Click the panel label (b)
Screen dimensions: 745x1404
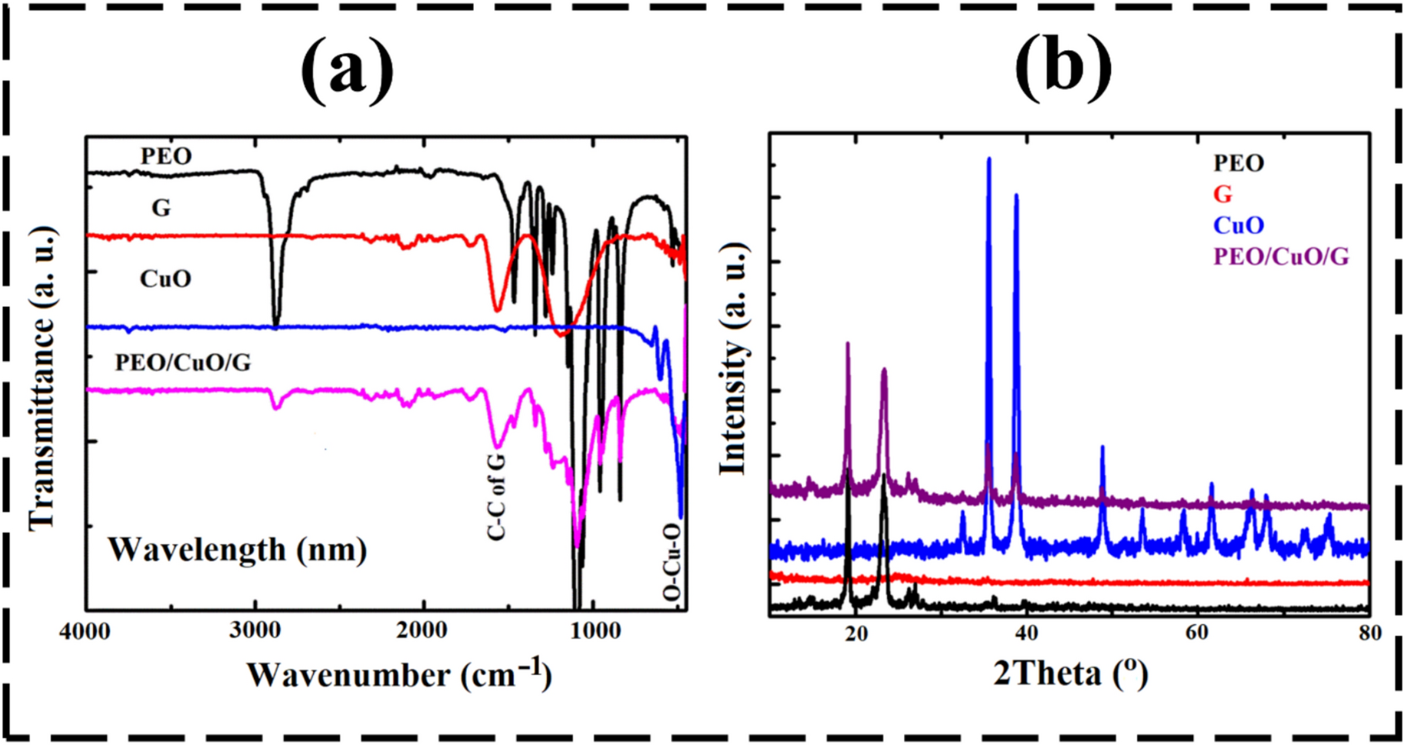pos(1063,68)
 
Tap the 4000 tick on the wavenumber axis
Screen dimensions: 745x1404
pos(85,632)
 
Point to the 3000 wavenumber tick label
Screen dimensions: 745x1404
pos(254,632)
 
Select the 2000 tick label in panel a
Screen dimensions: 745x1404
pos(422,632)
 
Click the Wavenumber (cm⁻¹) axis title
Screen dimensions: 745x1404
pos(399,675)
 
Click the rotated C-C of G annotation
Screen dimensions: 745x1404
pos(496,496)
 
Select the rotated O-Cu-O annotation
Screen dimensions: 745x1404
pos(672,562)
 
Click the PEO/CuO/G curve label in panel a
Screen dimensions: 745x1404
pos(182,362)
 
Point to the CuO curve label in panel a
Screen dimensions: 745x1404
pos(165,279)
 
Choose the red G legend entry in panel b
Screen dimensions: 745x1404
pos(1222,194)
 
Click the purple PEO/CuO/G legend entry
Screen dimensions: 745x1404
pos(1281,256)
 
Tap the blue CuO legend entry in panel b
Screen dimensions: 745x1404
pos(1239,225)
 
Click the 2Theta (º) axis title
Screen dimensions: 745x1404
pos(1070,673)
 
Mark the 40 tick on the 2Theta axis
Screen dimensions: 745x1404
pos(1026,633)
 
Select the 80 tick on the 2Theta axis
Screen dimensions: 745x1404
pos(1369,633)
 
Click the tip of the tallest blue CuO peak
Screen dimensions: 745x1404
pos(989,159)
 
